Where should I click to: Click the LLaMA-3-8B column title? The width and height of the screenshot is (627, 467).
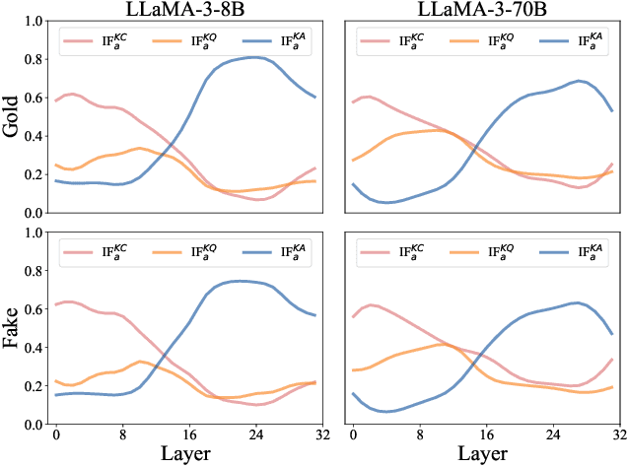tap(184, 9)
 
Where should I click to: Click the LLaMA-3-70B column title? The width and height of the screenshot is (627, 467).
tap(484, 9)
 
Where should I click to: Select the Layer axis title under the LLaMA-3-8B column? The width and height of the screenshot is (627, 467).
tap(184, 454)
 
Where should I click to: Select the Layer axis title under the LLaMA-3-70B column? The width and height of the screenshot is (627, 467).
tap(484, 454)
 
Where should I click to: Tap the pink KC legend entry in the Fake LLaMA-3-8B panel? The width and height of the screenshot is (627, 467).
tap(94, 252)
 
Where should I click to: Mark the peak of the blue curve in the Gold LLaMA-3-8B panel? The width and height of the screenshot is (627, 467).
tap(253, 57)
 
